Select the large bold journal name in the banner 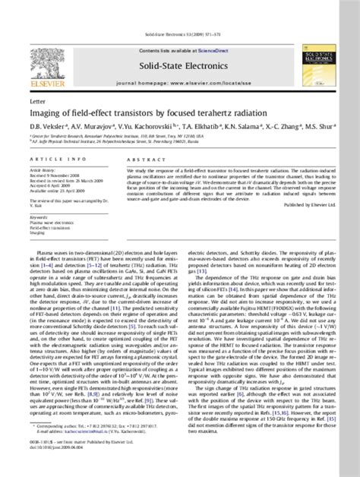pyautogui.click(x=178, y=68)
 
